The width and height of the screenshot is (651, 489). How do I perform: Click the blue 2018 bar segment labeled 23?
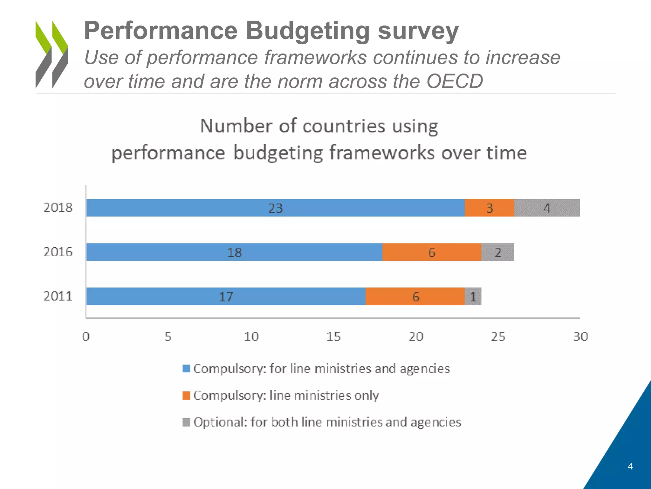[x=275, y=208]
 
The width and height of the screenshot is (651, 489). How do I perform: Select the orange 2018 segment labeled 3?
[x=489, y=208]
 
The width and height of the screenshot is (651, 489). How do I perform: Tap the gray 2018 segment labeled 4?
[x=547, y=208]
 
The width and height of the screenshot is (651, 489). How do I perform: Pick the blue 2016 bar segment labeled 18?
[x=234, y=252]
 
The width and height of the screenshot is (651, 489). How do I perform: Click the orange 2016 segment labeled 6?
[x=431, y=252]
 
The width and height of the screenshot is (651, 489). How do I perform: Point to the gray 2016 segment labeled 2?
[x=498, y=252]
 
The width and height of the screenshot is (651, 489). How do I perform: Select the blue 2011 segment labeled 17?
[x=226, y=296]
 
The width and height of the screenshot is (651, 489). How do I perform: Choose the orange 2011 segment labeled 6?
[x=415, y=296]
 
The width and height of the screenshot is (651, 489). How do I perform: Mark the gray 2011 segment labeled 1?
[x=473, y=296]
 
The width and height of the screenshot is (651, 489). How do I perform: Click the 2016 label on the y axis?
[x=58, y=252]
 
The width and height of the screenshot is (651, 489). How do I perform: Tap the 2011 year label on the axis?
[x=58, y=296]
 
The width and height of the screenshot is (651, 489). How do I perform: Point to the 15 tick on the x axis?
[x=333, y=337]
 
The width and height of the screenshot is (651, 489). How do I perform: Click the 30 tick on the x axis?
[x=580, y=337]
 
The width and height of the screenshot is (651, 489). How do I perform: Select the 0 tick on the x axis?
[x=86, y=337]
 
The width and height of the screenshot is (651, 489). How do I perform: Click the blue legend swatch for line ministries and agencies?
[x=186, y=369]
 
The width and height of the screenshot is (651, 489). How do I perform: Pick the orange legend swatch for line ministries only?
[x=186, y=395]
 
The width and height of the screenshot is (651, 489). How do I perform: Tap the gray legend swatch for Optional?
[x=186, y=422]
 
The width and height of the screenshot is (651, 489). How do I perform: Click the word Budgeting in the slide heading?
[x=307, y=31]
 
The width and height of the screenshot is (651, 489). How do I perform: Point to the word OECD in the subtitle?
[x=455, y=81]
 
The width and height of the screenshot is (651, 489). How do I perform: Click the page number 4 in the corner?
[x=630, y=466]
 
